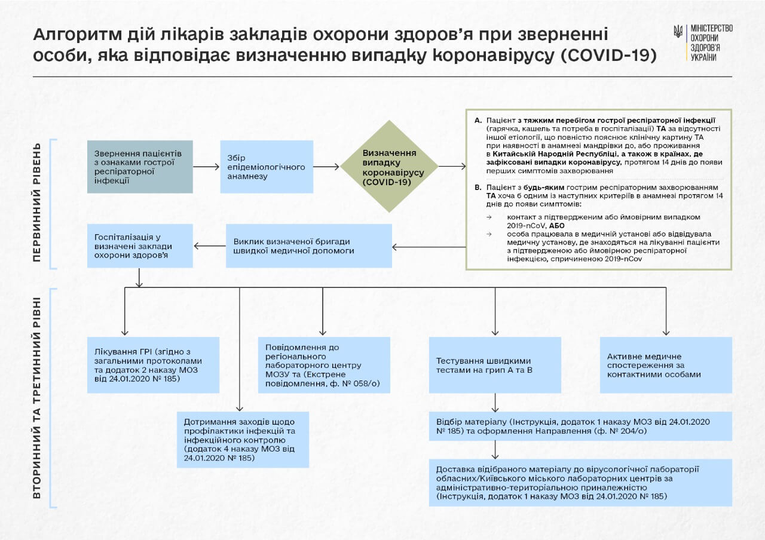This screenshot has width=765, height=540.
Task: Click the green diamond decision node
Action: [389, 167]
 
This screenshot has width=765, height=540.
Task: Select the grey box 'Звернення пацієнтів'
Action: [140, 167]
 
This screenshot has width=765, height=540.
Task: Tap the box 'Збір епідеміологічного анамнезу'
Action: [267, 167]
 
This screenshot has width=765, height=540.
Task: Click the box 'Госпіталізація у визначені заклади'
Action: [140, 246]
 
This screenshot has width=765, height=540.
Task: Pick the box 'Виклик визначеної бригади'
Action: [308, 246]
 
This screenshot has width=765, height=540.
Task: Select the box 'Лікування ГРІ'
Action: [153, 365]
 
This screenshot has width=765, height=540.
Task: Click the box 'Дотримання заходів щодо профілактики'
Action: [243, 439]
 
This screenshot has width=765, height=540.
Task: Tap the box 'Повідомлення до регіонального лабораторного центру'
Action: [324, 365]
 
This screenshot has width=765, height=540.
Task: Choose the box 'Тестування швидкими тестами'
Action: [495, 365]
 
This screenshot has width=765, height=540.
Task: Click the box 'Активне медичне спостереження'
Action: [666, 365]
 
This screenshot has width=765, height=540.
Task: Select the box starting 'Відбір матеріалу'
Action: [580, 426]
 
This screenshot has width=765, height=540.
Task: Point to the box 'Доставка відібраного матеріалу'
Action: [580, 483]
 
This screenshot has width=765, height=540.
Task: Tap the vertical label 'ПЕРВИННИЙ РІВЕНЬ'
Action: [37, 202]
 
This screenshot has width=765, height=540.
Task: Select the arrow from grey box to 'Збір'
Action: [206, 167]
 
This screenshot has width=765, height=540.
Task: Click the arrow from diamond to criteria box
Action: [452, 167]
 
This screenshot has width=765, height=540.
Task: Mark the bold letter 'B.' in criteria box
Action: [478, 187]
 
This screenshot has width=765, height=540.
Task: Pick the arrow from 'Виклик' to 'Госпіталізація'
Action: [210, 246]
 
